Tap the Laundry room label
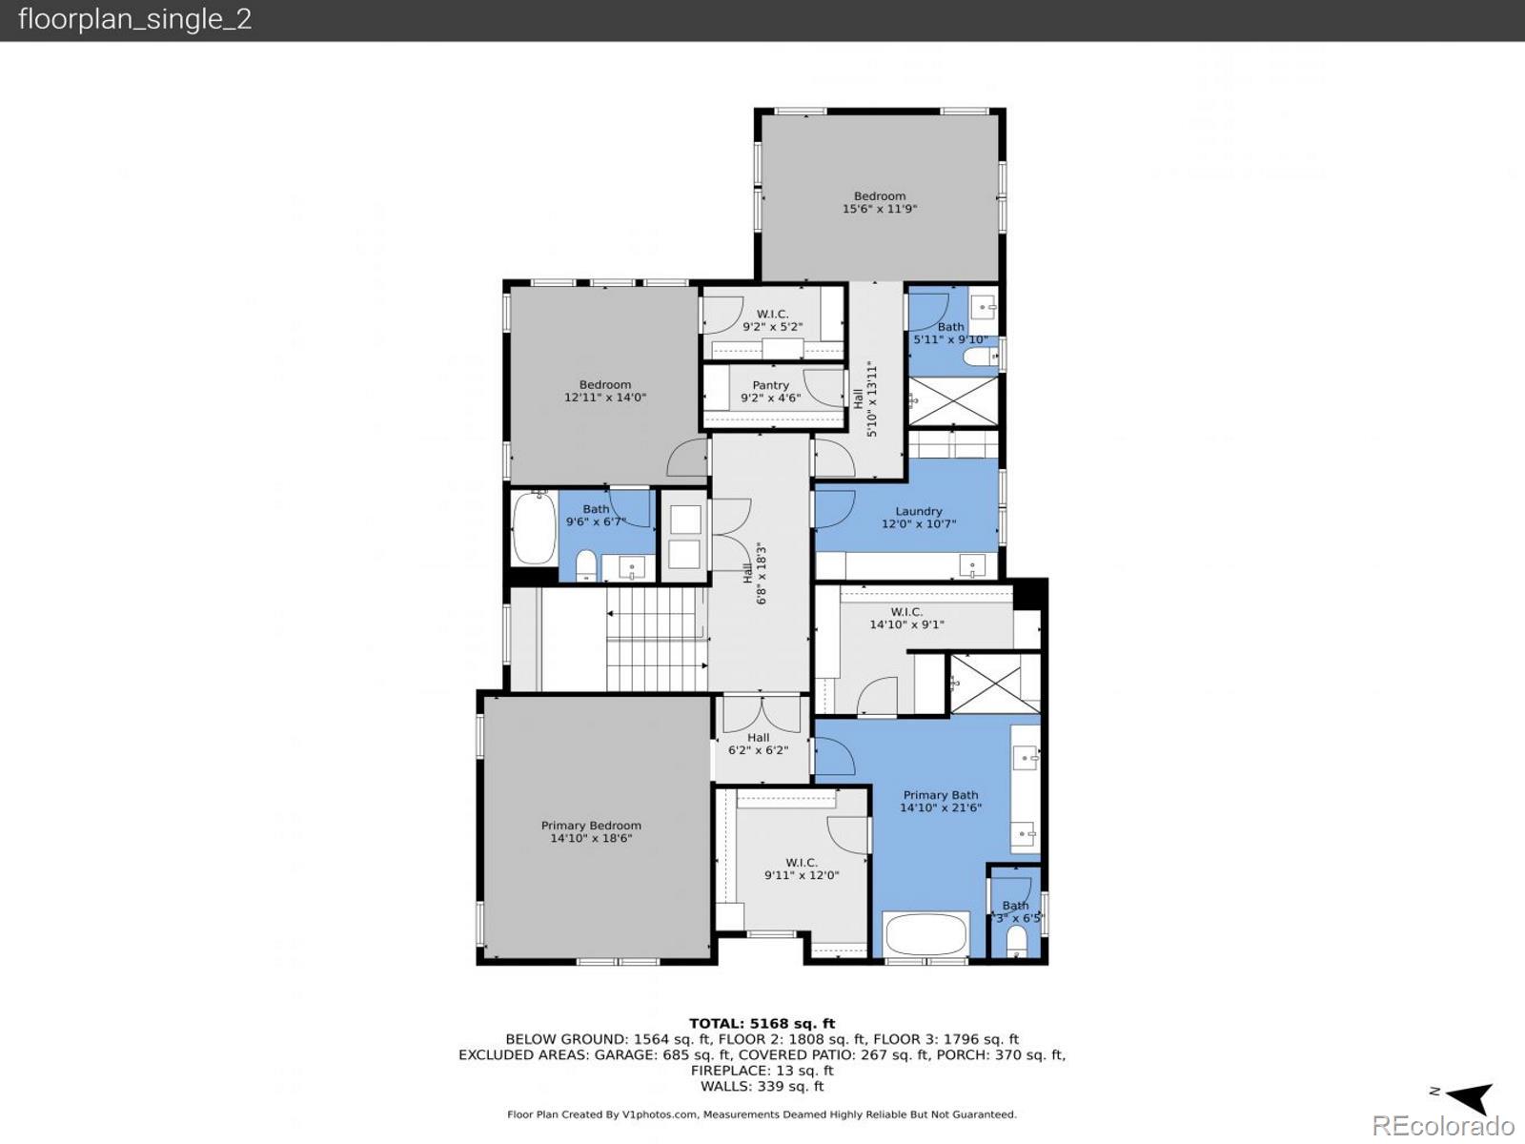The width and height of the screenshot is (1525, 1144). [918, 512]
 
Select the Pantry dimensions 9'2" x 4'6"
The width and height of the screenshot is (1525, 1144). [770, 398]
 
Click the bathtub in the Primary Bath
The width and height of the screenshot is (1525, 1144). [926, 934]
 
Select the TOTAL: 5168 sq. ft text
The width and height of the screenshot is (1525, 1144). [762, 1024]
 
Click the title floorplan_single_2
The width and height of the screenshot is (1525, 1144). [135, 19]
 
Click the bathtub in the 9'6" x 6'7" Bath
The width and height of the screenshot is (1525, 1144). [534, 528]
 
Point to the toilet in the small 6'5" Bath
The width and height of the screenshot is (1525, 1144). [1016, 943]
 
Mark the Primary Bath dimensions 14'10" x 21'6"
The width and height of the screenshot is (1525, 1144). [940, 807]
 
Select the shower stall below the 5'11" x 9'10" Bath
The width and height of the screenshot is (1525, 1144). [952, 401]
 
